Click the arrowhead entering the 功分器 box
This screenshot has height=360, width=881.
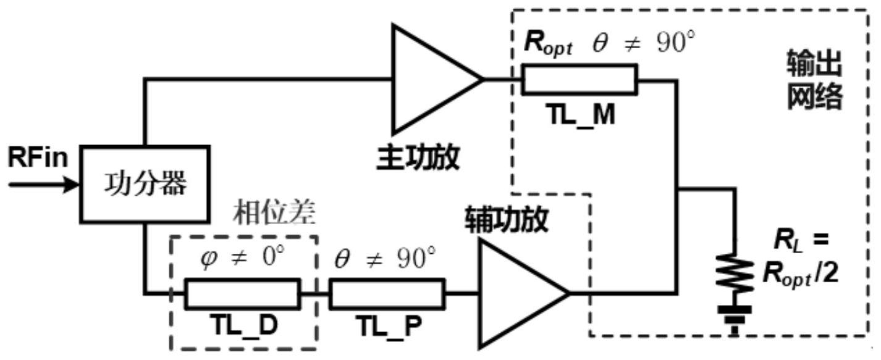pos(73,184)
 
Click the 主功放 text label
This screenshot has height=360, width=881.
pos(418,158)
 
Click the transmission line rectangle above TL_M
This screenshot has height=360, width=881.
pos(579,80)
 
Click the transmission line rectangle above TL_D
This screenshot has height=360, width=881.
pos(242,293)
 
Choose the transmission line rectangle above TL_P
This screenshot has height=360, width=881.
pos(386,293)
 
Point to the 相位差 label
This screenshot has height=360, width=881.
pos(275,213)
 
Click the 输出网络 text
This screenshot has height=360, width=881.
pos(814,78)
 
